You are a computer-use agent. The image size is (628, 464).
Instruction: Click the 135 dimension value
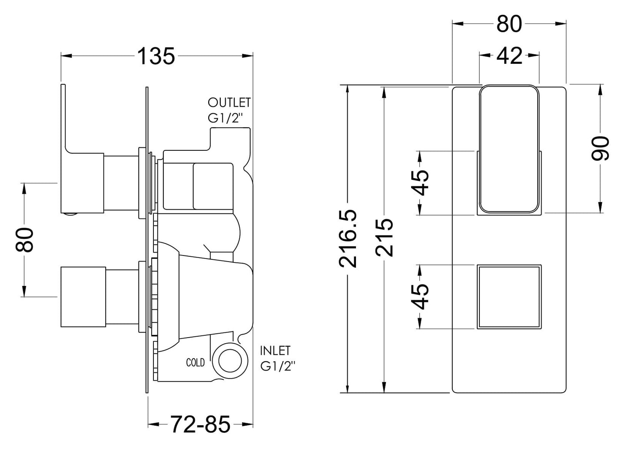point(156,56)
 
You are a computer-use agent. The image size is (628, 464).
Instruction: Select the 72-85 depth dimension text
point(200,424)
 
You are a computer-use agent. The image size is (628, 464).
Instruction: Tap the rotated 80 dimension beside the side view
point(25,239)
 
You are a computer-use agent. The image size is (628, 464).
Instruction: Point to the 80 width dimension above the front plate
point(509,24)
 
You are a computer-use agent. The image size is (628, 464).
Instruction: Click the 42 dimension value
point(509,56)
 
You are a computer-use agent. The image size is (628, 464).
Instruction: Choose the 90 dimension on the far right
point(601,148)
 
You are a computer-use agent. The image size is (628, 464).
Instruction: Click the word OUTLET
point(229,103)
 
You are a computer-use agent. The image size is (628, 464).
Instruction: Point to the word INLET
point(275,350)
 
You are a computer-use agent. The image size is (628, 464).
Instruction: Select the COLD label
point(195,362)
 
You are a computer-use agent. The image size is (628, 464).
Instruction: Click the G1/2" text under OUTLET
point(224,119)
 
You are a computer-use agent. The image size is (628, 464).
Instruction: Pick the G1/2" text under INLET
point(278,366)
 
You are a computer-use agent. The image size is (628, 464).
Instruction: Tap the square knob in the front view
point(509,296)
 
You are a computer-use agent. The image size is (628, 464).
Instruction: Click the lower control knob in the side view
point(83,297)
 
